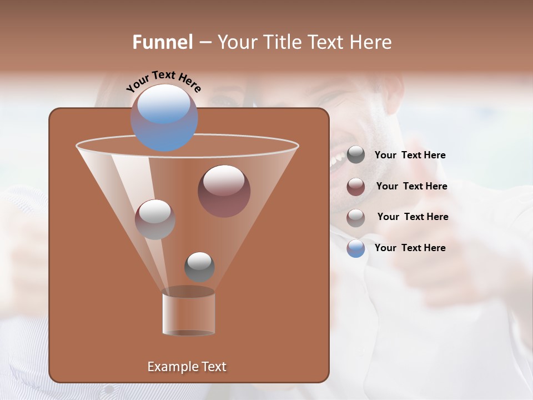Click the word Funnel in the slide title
pyautogui.click(x=162, y=42)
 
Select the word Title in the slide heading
pyautogui.click(x=281, y=42)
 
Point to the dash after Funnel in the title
pyautogui.click(x=204, y=43)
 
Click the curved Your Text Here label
pyautogui.click(x=163, y=81)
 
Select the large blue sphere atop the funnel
pyautogui.click(x=164, y=117)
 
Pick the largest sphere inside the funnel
pyautogui.click(x=224, y=191)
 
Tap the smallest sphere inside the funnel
pyautogui.click(x=199, y=267)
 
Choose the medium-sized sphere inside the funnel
pyautogui.click(x=155, y=219)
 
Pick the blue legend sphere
pyautogui.click(x=356, y=248)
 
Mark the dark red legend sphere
pyautogui.click(x=356, y=187)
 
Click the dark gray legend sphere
pyautogui.click(x=356, y=155)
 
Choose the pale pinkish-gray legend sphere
pyautogui.click(x=356, y=217)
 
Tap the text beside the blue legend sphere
pyautogui.click(x=410, y=248)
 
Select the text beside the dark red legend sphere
pyautogui.click(x=411, y=186)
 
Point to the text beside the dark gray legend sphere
pyautogui.click(x=410, y=155)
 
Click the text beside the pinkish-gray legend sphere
pyautogui.click(x=413, y=217)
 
